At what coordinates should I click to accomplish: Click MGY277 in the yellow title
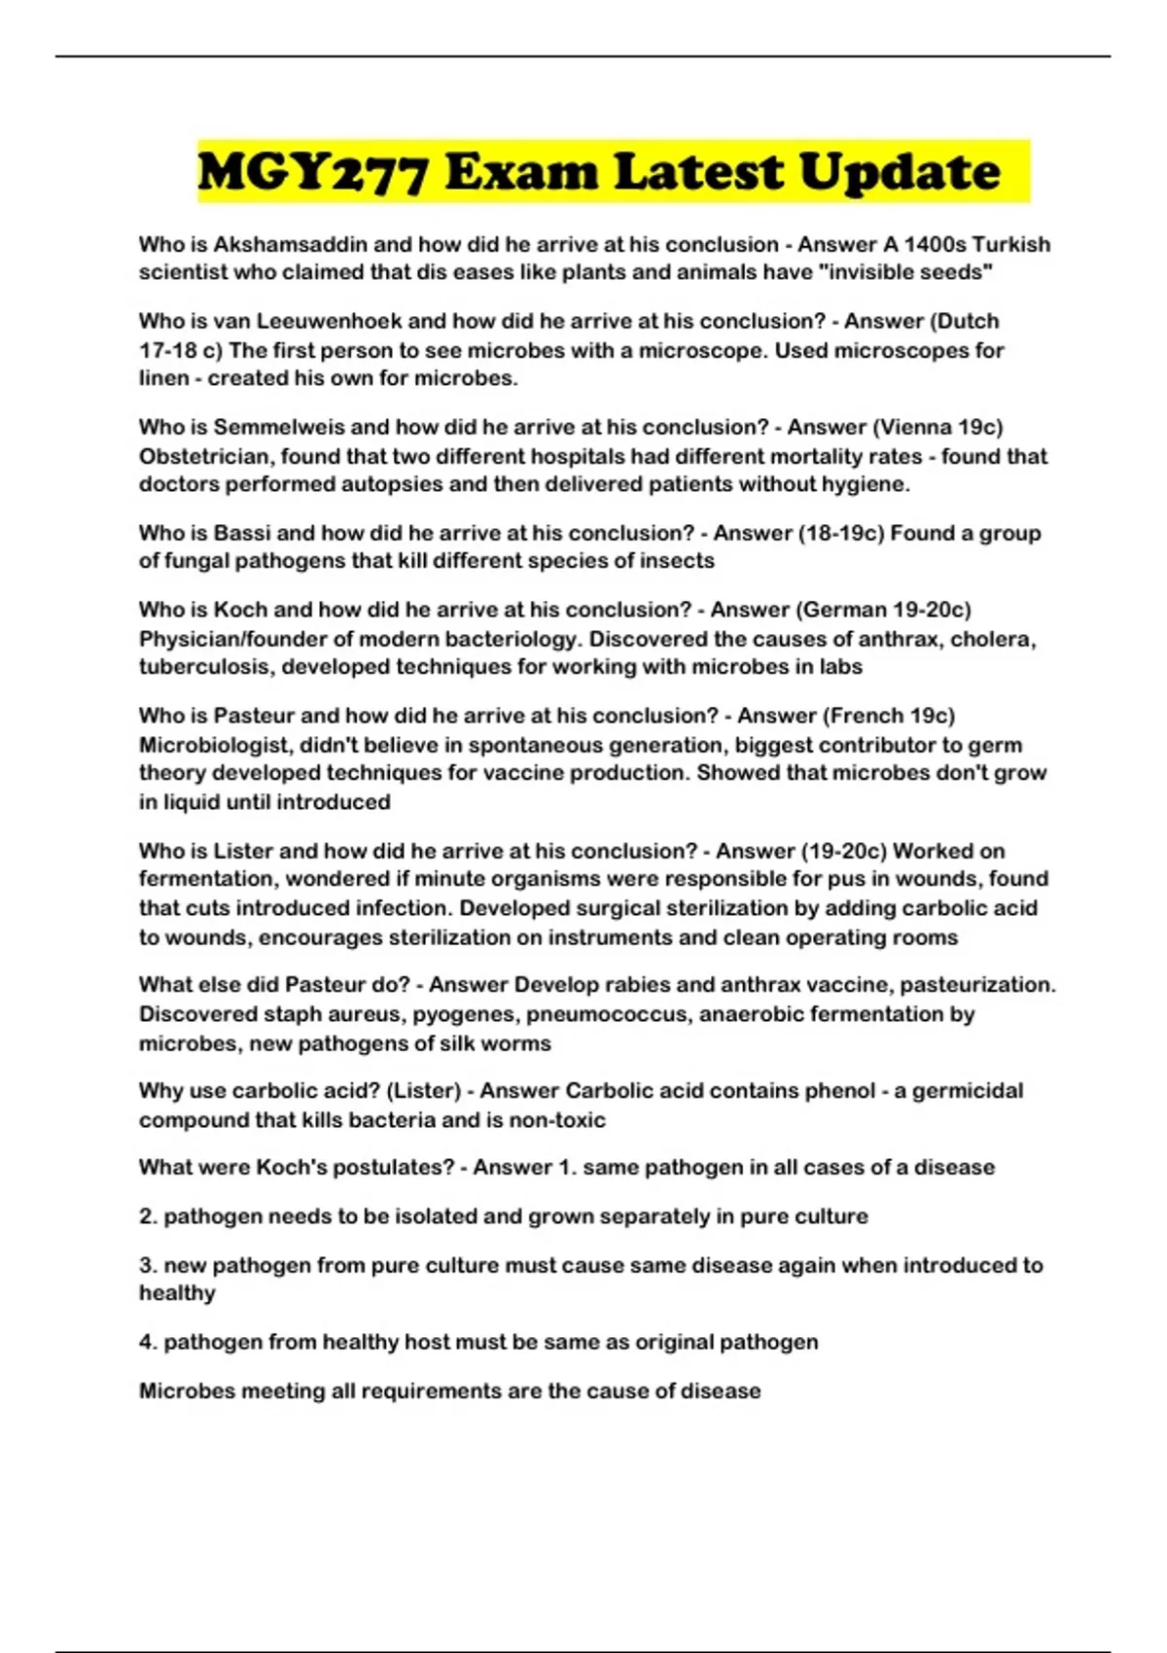pyautogui.click(x=312, y=172)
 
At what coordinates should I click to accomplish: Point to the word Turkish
pyautogui.click(x=1011, y=244)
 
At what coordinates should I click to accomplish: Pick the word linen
pyautogui.click(x=163, y=378)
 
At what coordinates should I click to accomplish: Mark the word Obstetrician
pyautogui.click(x=205, y=456)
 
